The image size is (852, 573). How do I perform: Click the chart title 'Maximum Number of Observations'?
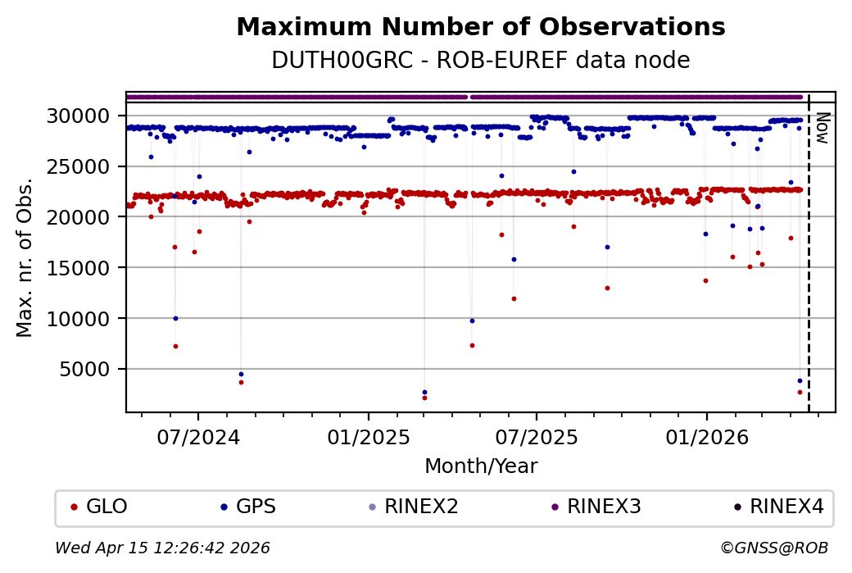pyautogui.click(x=480, y=28)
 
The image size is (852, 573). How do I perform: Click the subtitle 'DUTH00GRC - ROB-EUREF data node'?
pyautogui.click(x=480, y=61)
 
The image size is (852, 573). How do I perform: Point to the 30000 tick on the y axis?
pyautogui.click(x=87, y=116)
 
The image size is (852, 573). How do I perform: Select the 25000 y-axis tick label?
pyautogui.click(x=87, y=166)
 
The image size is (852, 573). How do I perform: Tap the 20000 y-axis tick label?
pyautogui.click(x=87, y=217)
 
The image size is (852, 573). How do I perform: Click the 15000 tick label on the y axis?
pyautogui.click(x=87, y=268)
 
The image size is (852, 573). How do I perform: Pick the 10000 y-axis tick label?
pyautogui.click(x=87, y=318)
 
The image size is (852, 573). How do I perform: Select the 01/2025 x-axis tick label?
pyautogui.click(x=368, y=437)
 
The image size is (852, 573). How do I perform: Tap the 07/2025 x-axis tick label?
pyautogui.click(x=536, y=437)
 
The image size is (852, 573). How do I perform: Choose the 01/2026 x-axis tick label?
pyautogui.click(x=706, y=437)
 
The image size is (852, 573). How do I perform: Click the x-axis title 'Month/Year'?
pyautogui.click(x=480, y=466)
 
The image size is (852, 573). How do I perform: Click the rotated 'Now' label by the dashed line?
pyautogui.click(x=822, y=128)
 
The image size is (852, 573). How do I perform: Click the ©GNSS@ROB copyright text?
pyautogui.click(x=773, y=548)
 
